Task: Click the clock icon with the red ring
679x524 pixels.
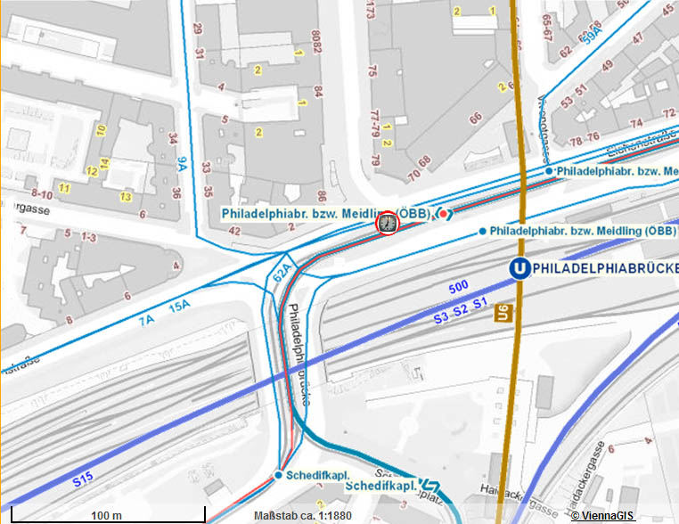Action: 387,223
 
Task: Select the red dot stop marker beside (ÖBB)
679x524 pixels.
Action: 444,214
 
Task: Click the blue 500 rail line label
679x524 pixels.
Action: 458,288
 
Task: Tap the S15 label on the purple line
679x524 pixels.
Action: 83,479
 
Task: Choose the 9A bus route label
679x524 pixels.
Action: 182,163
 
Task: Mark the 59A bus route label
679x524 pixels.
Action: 591,35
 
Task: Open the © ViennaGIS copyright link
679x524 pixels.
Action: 622,515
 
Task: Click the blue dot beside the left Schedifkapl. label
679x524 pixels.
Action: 278,475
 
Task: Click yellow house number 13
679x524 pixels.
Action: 126,196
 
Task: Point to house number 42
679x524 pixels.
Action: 236,231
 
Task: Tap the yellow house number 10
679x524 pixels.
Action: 102,130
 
